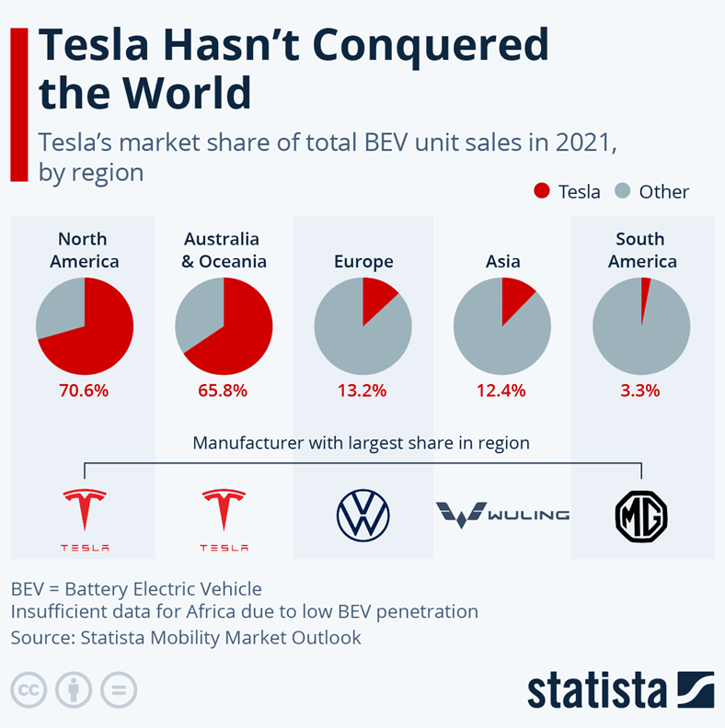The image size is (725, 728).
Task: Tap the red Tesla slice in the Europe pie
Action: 376,299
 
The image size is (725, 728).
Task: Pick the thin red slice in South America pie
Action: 645,294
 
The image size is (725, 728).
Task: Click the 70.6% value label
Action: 85,390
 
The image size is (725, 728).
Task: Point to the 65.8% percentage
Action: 223,390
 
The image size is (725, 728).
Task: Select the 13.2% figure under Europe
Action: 362,390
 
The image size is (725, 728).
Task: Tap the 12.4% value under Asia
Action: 501,390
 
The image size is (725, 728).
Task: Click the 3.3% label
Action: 640,390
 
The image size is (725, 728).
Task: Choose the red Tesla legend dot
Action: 542,191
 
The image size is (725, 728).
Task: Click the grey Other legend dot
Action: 622,191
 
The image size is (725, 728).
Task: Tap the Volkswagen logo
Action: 362,515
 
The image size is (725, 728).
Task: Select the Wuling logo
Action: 502,514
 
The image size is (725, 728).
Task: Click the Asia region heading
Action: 502,262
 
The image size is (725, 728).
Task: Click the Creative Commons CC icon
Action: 29,689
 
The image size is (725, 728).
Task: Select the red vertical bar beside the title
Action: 18,104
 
